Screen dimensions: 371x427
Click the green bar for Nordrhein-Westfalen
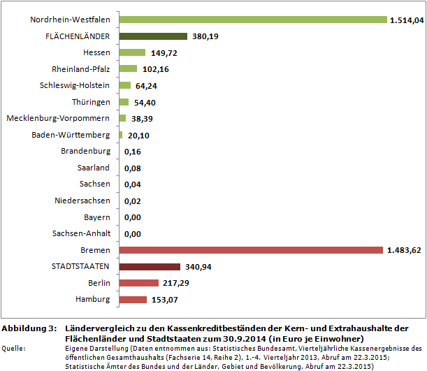[253, 20]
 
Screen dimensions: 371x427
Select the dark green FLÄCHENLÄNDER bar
[153, 36]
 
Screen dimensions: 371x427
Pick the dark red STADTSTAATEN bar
[150, 266]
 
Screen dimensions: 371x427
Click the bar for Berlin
[138, 283]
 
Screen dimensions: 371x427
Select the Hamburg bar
[133, 300]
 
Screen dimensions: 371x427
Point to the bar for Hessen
[132, 52]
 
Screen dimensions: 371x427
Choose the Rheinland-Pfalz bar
[128, 69]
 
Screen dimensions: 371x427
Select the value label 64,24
[147, 86]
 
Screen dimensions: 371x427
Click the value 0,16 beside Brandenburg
[133, 152]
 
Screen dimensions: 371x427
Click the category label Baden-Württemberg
[71, 135]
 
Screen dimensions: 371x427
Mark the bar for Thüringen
[124, 102]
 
